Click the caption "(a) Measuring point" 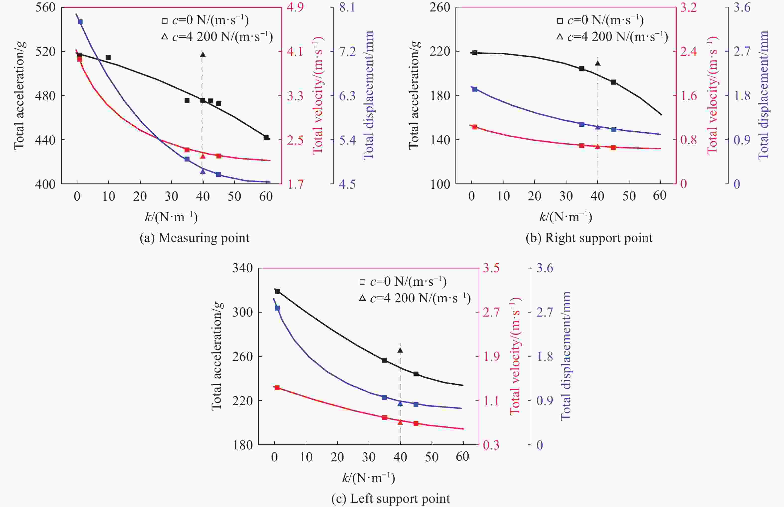pos(194,238)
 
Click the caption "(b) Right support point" pos(589,238)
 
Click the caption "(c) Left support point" pos(391,499)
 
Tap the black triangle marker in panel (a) pos(203,54)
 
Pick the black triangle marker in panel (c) pos(400,350)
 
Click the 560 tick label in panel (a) pos(45,7)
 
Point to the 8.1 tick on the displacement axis pos(347,7)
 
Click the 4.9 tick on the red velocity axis pos(295,7)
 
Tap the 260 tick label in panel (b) pos(440,7)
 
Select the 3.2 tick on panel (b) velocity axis pos(688,7)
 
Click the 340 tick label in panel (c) pos(243,268)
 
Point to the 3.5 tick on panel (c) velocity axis pos(491,268)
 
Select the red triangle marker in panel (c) pos(400,422)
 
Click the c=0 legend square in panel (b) pos(560,21)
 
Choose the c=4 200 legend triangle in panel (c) pos(362,298)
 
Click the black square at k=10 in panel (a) pos(108,58)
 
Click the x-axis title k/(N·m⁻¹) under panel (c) pos(368,478)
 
